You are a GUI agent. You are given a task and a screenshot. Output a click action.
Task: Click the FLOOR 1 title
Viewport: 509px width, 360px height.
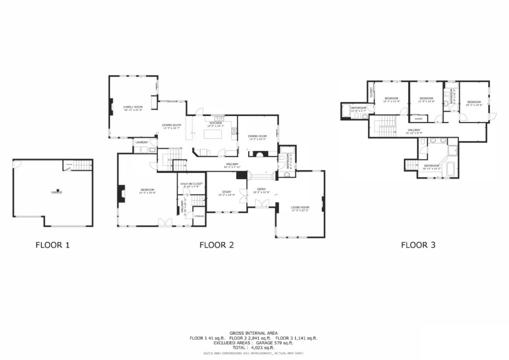pos(52,245)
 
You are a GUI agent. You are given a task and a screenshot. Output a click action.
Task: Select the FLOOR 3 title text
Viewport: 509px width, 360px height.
pos(418,245)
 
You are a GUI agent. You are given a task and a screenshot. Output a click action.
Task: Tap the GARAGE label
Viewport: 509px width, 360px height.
pos(57,192)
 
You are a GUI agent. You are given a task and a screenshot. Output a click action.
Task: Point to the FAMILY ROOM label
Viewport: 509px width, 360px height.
pos(133,107)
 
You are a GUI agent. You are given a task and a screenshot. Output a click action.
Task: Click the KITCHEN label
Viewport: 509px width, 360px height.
pos(216,123)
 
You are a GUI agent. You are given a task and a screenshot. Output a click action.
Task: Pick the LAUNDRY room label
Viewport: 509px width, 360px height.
pos(141,142)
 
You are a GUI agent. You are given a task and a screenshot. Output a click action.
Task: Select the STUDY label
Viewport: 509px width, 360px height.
pos(226,192)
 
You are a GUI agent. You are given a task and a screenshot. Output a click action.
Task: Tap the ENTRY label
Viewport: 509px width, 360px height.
pos(261,189)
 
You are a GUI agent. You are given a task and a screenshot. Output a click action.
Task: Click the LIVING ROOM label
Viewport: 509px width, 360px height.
pos(300,208)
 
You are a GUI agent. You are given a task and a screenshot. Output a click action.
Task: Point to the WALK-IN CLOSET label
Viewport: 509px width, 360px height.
pos(191,184)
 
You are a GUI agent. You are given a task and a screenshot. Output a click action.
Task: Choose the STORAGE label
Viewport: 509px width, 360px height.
pos(199,216)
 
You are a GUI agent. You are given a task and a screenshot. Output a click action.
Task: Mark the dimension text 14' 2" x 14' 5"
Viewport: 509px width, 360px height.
pos(257,139)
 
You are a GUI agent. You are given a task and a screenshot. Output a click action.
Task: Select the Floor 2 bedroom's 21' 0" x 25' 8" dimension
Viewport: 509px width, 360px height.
pos(147,193)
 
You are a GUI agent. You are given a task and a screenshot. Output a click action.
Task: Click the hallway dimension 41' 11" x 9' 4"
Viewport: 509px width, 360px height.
pos(414,133)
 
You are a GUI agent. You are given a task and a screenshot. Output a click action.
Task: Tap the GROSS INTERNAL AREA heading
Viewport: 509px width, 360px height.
pos(253,333)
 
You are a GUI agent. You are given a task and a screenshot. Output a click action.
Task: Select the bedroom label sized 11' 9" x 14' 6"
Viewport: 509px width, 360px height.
pos(426,98)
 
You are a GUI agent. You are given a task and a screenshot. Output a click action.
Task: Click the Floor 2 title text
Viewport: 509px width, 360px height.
pos(216,245)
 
